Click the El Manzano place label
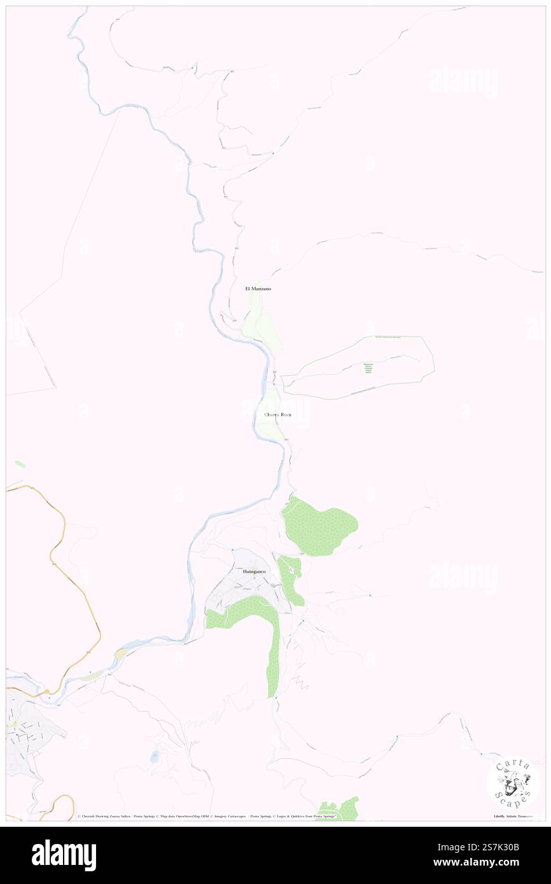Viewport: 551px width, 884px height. [258, 289]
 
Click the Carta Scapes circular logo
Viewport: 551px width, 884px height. [513, 782]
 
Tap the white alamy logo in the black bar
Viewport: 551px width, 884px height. [64, 855]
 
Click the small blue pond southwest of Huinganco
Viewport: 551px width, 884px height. [155, 757]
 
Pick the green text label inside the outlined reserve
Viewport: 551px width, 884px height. [368, 369]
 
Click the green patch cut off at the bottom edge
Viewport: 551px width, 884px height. [340, 810]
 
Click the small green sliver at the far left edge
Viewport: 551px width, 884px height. [20, 464]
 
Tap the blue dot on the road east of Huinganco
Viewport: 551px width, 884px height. [370, 595]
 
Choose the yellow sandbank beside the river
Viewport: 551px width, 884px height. [120, 654]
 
